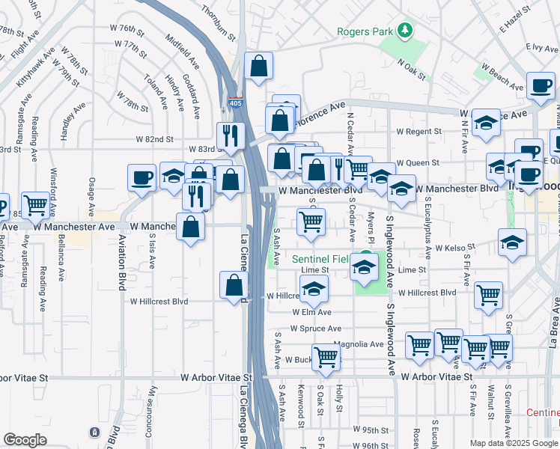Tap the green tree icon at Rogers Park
tap(405, 30)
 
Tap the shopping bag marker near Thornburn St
tap(258, 67)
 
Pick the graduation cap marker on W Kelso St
tap(512, 242)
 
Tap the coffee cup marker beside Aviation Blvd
tap(141, 178)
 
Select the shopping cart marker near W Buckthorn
tap(326, 357)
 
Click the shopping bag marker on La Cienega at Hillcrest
tap(234, 285)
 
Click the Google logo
tap(25, 440)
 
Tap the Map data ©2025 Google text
tap(514, 443)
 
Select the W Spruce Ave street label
tap(315, 329)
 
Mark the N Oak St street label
tap(411, 70)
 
